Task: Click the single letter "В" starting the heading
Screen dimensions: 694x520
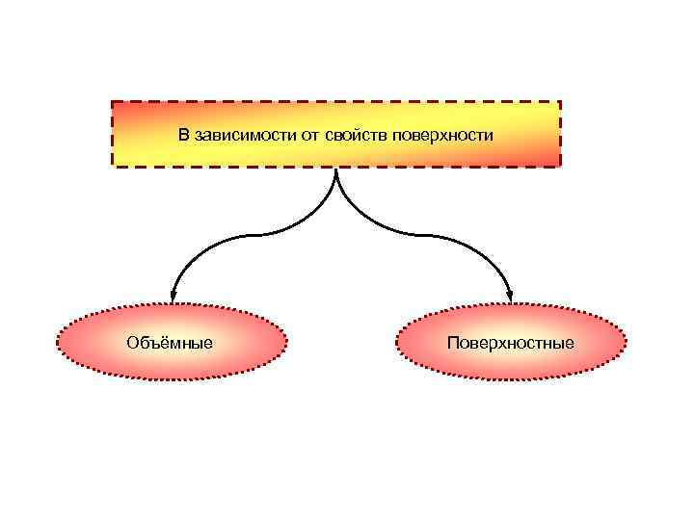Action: (x=183, y=135)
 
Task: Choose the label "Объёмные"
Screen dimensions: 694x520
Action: (x=171, y=342)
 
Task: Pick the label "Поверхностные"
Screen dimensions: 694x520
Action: (x=511, y=342)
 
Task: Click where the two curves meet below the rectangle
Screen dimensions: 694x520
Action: (x=335, y=173)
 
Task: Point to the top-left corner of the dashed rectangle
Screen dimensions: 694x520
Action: (x=113, y=101)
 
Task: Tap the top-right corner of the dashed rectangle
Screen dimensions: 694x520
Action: (x=560, y=101)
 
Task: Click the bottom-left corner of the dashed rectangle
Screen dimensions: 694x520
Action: (x=113, y=168)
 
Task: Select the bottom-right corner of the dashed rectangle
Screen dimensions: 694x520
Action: (x=560, y=168)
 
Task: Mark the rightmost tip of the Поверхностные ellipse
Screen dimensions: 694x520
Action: (x=626, y=341)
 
